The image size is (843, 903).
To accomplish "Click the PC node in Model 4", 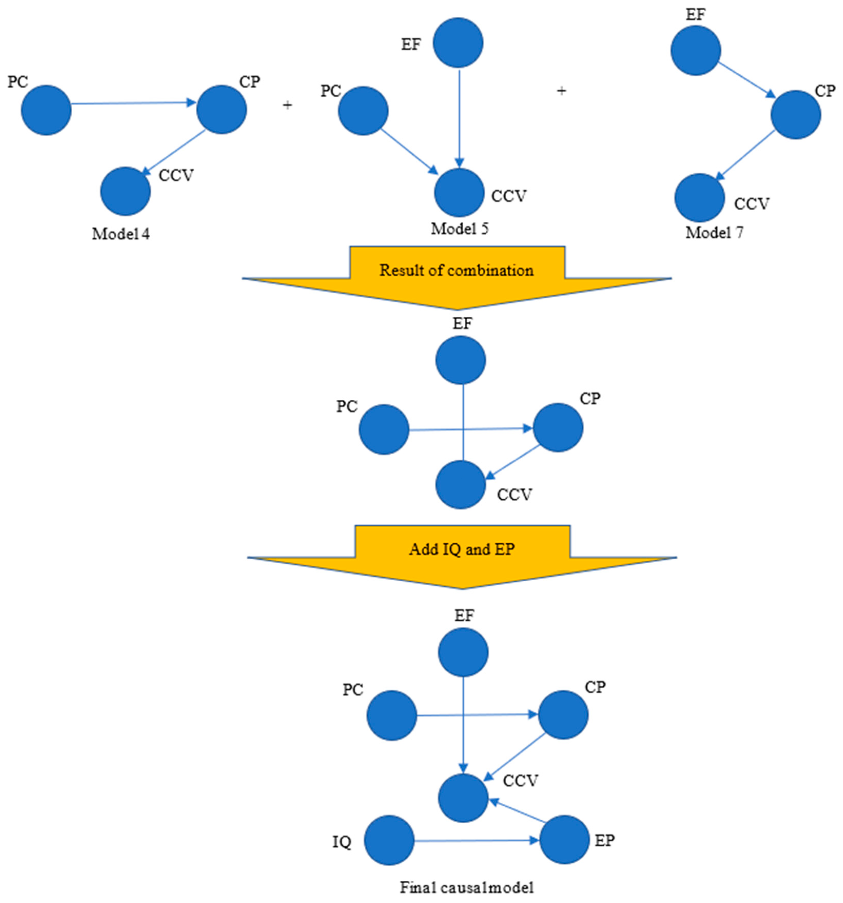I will [x=46, y=110].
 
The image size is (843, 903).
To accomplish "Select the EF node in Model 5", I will [x=458, y=43].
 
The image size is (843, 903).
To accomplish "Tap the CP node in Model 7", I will [x=795, y=114].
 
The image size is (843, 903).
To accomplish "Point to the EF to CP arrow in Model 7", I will [x=746, y=79].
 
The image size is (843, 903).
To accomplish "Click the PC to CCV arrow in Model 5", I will [x=409, y=151].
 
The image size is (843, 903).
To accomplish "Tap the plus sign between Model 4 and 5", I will [x=287, y=105].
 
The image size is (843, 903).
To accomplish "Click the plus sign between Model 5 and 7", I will [x=562, y=91].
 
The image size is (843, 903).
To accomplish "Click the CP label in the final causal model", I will [x=595, y=687].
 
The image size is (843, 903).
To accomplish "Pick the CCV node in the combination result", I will [x=460, y=485].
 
